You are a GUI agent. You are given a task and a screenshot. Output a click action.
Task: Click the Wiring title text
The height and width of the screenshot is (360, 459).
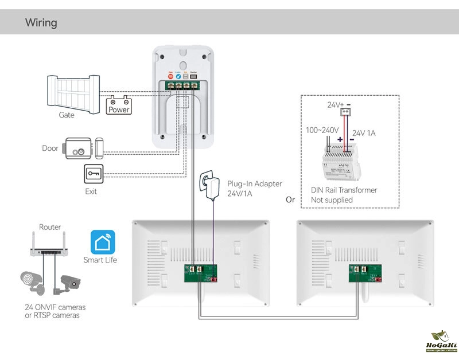click(x=41, y=23)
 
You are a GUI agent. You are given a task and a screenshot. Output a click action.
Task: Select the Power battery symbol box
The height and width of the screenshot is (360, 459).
click(x=119, y=105)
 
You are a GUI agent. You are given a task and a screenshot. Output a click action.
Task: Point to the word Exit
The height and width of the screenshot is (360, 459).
click(x=91, y=191)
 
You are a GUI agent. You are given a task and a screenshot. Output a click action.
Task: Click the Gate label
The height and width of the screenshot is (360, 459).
click(x=67, y=115)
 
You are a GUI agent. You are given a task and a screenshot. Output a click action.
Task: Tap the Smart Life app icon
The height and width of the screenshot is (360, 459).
click(x=103, y=242)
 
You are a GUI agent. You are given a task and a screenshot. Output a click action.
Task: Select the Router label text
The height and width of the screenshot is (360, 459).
click(x=50, y=228)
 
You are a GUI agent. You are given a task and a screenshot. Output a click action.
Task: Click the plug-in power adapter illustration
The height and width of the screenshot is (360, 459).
click(x=207, y=186)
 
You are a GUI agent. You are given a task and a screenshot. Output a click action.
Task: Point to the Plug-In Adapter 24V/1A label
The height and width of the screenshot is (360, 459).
click(x=254, y=189)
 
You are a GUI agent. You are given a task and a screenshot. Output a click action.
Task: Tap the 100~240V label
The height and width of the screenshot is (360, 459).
click(x=322, y=130)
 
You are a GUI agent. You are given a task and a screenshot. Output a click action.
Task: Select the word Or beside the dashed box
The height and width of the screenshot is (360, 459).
click(x=290, y=200)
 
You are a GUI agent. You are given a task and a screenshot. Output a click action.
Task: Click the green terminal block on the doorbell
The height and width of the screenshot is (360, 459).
click(x=182, y=85)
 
